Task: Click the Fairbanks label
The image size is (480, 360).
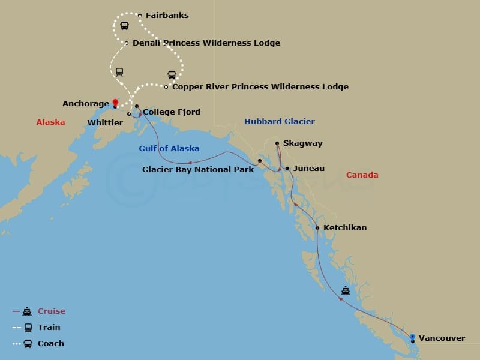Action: pos(167,16)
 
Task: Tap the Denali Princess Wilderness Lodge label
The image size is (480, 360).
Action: pos(206,43)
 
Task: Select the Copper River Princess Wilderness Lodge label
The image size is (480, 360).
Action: pos(260,87)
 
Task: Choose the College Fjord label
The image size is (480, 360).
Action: pos(172,112)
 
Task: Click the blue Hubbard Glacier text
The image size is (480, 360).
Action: pos(279,122)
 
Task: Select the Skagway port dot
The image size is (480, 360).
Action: pos(277,143)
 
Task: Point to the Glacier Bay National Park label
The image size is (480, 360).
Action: pos(198,170)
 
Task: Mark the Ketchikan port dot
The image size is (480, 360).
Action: pos(317,228)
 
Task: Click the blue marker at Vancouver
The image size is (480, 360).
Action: pos(412,338)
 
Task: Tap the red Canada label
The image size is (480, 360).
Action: pos(362,175)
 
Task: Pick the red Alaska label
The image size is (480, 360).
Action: pos(50,122)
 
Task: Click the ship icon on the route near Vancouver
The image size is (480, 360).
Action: pos(346,291)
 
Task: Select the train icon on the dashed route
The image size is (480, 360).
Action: pos(119,72)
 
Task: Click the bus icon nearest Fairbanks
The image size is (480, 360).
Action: pos(124,26)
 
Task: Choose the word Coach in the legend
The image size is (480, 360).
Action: pos(50,344)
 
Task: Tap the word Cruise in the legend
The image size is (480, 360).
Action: pos(52,311)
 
